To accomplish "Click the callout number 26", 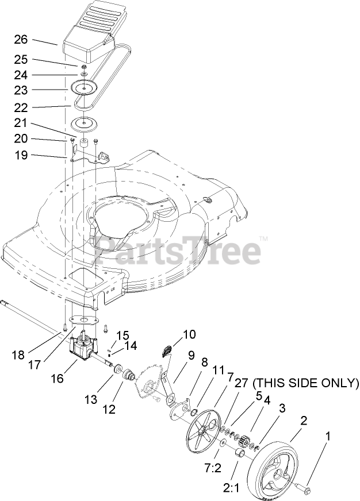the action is (x=21, y=40).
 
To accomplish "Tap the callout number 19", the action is (x=21, y=155).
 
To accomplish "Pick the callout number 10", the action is (x=189, y=333).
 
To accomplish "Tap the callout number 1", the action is (x=328, y=437).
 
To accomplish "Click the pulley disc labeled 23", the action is (x=84, y=87).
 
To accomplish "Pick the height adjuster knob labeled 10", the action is (x=168, y=350).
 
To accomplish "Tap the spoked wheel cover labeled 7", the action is (x=202, y=429).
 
